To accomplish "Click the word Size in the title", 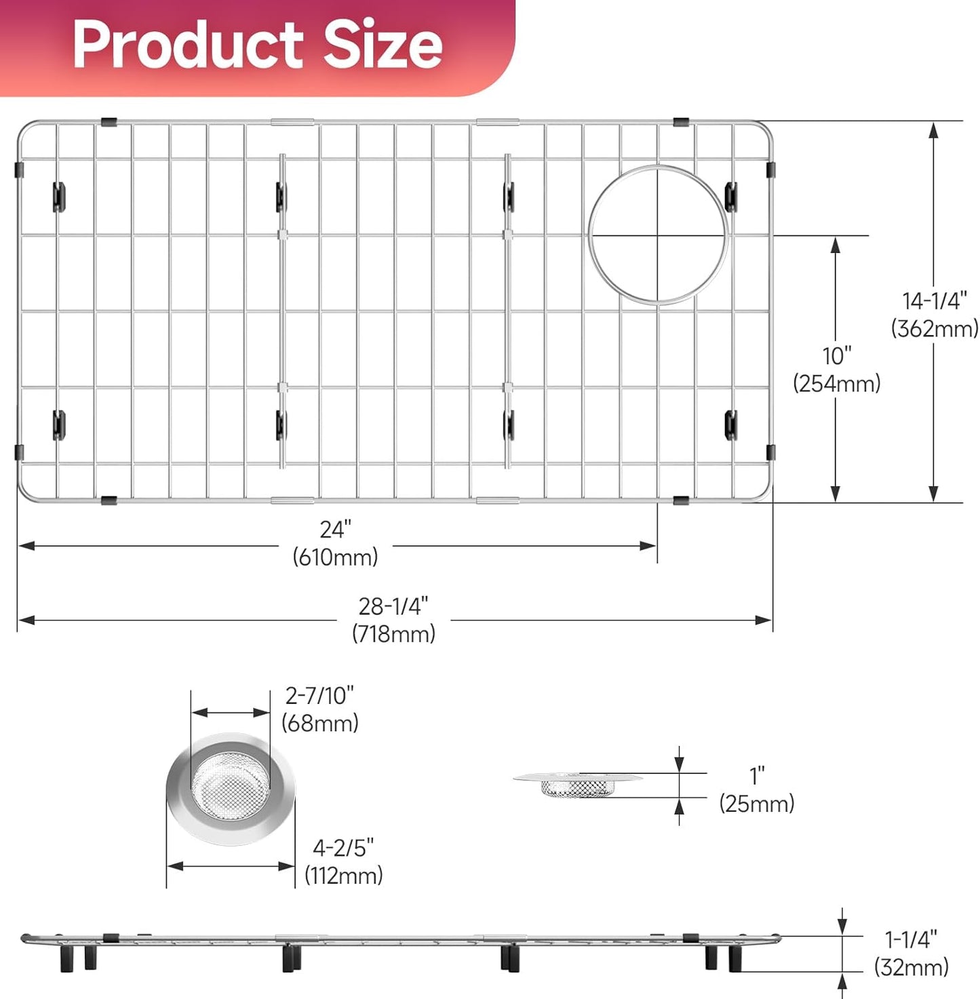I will coord(383,45).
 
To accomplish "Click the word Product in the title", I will coord(188,45).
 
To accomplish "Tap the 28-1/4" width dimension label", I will coord(393,606).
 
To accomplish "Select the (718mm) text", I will coord(393,634).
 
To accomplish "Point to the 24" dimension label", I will coord(336,529).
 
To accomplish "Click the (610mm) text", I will coord(336,557).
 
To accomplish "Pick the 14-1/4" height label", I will coord(934,300).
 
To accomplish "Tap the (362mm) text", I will coord(935,329).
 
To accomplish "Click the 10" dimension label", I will coord(837,355).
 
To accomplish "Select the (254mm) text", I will coord(837,384).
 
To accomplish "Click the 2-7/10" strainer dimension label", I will coord(319,695).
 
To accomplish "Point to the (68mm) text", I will coord(320,724).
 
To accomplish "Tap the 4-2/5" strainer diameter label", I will coord(343,848).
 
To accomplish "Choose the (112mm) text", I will coord(343,876).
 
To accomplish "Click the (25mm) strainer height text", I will coord(756,804).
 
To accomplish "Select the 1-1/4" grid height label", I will coord(911,939).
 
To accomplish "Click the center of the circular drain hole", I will coord(658,235).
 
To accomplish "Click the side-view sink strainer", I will coord(578,783).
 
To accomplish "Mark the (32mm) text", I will coord(911,967).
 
